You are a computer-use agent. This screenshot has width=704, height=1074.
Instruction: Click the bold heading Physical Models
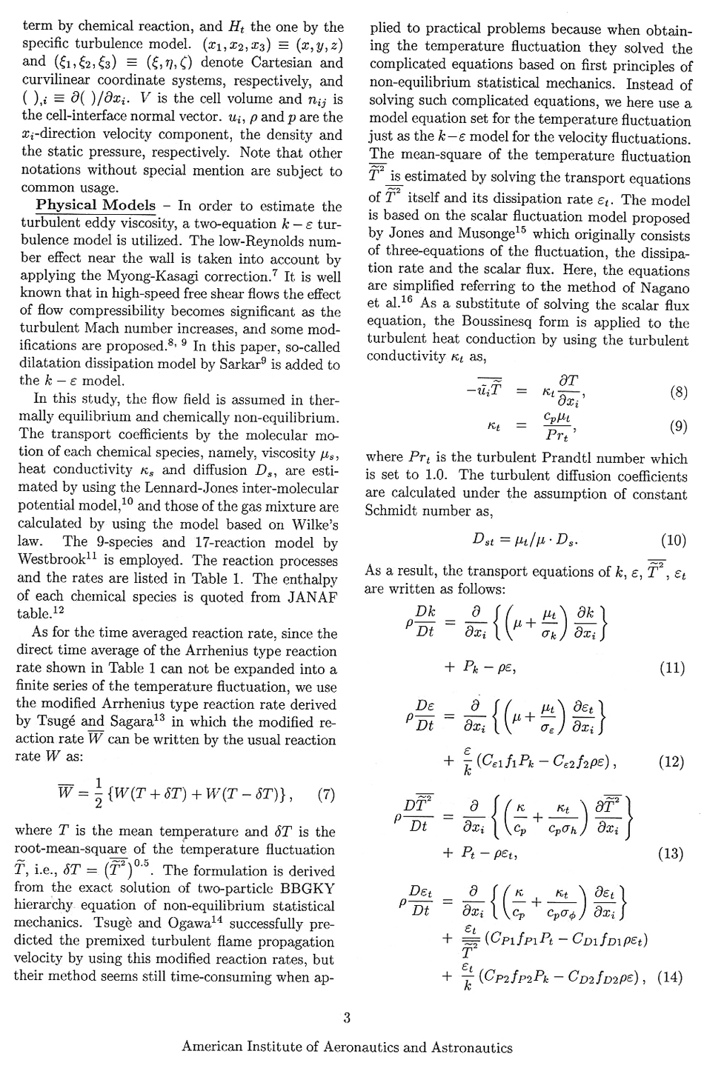coord(96,205)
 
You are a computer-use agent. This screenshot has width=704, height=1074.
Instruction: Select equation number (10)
coord(673,540)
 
